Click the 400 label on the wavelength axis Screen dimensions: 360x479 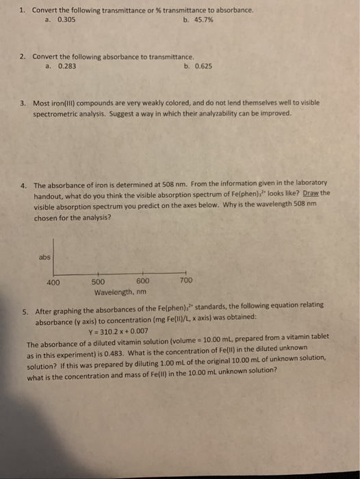(x=53, y=281)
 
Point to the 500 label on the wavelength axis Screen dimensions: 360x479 (x=98, y=281)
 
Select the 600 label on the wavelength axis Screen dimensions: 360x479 (x=143, y=281)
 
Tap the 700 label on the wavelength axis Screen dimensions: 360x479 (x=186, y=281)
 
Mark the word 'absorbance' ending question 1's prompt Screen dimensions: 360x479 (x=233, y=11)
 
